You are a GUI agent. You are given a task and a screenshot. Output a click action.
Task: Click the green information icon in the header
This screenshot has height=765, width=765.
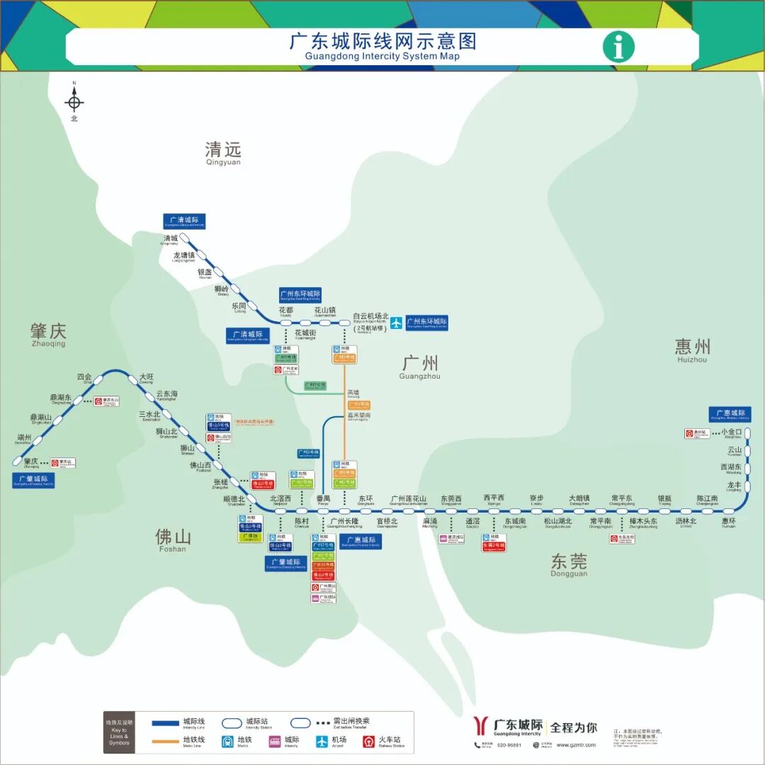(x=618, y=47)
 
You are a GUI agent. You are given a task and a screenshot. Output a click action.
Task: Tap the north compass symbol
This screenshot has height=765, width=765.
(x=74, y=102)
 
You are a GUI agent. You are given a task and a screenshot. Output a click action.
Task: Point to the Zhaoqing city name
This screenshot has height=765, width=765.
(x=48, y=334)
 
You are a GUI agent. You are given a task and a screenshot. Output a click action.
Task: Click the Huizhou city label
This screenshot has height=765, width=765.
(x=692, y=349)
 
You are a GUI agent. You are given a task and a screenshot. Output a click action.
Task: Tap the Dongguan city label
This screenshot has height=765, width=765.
(x=569, y=565)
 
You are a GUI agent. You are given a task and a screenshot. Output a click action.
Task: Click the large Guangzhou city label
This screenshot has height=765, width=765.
(x=420, y=367)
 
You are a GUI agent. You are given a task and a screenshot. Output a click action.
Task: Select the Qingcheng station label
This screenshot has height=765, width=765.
(x=171, y=240)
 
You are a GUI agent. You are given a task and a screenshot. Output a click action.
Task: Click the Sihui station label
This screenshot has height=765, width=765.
(x=85, y=378)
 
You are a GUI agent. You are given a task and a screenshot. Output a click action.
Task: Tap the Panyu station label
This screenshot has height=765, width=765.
(x=323, y=500)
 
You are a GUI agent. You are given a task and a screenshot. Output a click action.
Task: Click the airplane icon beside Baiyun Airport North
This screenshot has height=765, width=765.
(x=396, y=323)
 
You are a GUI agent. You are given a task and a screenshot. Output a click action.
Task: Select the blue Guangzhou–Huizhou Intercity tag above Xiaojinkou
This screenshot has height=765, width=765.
(x=730, y=413)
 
